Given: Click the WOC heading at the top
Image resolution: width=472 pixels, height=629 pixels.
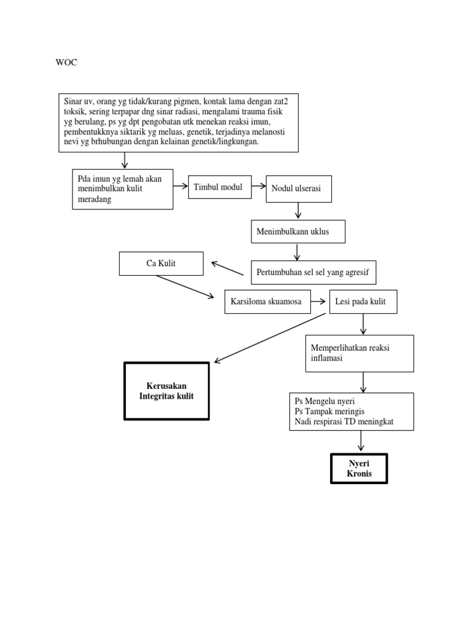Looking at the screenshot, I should coord(66,63).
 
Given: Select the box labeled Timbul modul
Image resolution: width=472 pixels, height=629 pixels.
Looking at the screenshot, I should coord(220,187).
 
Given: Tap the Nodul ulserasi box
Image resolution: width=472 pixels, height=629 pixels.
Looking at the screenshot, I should coord(298,189).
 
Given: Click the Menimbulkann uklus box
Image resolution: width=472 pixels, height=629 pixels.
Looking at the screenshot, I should coord(298,232).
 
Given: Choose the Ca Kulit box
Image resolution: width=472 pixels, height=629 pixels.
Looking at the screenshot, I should coord(160,264).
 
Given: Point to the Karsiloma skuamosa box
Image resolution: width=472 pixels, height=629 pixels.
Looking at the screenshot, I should coord(265,302).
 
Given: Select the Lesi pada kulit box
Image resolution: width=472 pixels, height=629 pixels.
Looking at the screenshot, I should coord(363,302).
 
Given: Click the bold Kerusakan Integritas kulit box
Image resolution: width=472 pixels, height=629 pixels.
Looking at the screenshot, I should coord(167,391).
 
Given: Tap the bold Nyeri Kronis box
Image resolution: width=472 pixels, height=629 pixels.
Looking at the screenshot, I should coord(360,469).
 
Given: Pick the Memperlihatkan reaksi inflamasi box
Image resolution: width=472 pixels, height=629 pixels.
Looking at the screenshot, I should coord(360,353).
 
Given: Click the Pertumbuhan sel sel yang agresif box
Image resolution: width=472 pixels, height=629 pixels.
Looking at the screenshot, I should coord(313,272).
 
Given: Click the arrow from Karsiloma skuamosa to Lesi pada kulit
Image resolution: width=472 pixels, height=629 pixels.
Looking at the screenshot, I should coord(318,302).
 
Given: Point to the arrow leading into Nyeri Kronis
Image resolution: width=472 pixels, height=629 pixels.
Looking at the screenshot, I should coord(360,441).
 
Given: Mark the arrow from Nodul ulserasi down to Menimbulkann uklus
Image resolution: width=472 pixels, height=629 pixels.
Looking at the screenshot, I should coord(298,211).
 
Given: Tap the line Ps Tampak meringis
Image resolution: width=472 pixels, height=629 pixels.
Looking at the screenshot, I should coord(334,412).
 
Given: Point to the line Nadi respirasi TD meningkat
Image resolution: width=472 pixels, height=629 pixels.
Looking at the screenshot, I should coord(344,422).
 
